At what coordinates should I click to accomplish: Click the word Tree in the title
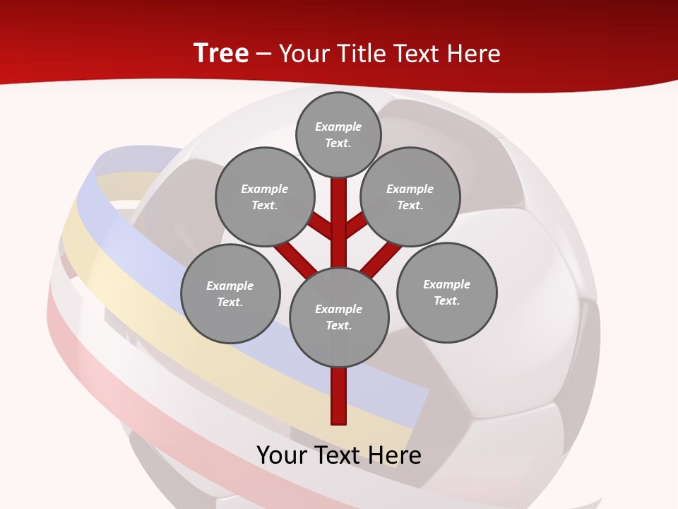[x=221, y=53]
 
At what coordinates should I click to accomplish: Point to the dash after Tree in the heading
[x=263, y=54]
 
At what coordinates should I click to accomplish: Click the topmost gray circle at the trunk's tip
[x=338, y=134]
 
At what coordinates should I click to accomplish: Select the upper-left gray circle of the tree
[x=265, y=197]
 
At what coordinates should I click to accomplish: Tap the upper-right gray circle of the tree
[x=410, y=197]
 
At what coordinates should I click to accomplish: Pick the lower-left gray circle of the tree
[x=230, y=293]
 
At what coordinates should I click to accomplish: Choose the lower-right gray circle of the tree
[x=447, y=292]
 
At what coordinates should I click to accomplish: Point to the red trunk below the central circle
[x=339, y=396]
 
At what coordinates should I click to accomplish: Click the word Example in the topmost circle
[x=338, y=127]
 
